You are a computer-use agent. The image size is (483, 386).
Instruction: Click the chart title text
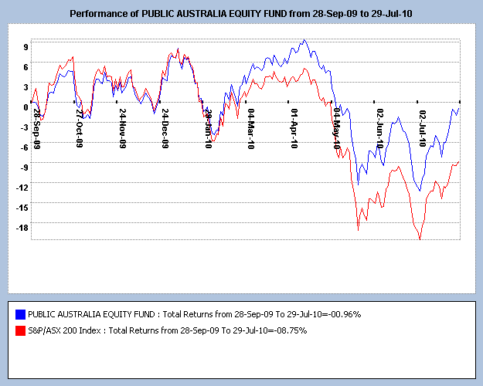point(241,14)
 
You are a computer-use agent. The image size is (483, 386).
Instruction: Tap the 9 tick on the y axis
point(26,46)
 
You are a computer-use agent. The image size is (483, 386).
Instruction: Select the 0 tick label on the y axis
point(26,107)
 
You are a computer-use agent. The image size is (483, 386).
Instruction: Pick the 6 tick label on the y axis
point(26,66)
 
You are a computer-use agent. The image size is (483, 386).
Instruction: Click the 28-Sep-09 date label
point(36,128)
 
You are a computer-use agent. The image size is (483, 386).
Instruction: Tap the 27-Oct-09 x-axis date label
point(80,128)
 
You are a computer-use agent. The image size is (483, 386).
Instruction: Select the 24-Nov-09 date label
point(123,128)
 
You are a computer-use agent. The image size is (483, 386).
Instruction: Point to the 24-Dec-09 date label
point(165,128)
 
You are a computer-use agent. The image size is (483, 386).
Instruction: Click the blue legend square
point(20,314)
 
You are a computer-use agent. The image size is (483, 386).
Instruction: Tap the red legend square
point(20,330)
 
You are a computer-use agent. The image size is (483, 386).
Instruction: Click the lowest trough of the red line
point(420,239)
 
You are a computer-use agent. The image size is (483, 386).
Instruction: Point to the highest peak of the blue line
point(304,40)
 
